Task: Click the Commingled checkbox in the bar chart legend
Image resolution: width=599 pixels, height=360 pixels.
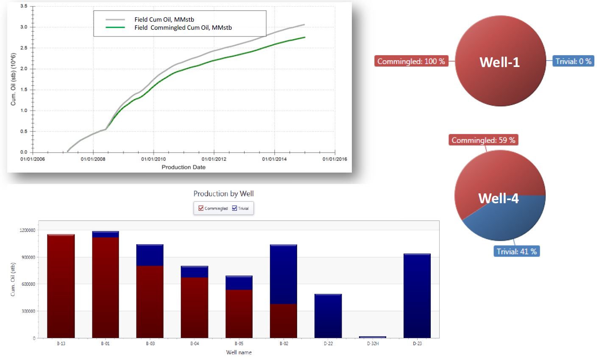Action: pos(201,208)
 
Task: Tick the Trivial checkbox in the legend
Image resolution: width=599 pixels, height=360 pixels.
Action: pos(234,208)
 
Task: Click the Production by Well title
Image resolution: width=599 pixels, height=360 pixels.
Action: pos(223,194)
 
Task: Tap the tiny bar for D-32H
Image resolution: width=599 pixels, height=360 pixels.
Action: pos(373,337)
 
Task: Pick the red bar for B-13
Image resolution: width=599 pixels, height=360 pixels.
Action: pos(61,286)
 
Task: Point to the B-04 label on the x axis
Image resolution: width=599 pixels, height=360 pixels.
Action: pos(195,344)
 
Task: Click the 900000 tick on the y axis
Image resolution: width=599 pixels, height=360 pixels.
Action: pos(27,257)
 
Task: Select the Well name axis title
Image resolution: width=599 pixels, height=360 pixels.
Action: pos(239,352)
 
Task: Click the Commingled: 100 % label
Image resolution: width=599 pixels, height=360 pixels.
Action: pos(411,61)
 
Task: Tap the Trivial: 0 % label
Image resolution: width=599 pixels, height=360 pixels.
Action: pos(574,61)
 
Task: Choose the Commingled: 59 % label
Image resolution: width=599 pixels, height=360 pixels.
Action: pos(483,140)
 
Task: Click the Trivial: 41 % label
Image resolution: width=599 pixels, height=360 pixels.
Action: pos(517,251)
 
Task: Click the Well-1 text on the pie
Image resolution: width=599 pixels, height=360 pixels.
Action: pos(499,62)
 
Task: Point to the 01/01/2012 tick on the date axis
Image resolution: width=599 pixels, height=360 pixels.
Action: pos(214,159)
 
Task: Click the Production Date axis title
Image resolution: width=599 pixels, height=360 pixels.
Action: pos(184,167)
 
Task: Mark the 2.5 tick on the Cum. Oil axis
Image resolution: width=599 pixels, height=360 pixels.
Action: pos(24,48)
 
